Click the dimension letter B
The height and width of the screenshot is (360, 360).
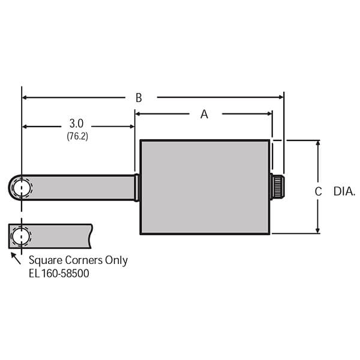coord(139,97)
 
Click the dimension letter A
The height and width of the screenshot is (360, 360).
coord(204,114)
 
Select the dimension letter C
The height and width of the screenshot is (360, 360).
coord(319,191)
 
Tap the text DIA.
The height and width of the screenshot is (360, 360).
coord(344,191)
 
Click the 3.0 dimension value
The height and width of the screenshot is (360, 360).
coord(77,125)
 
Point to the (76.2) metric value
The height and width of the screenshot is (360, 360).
coord(77,136)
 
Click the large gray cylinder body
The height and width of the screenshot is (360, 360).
coord(204,187)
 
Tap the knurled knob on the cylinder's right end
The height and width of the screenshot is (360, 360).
coord(278,187)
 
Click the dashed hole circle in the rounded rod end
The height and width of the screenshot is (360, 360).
coord(22,187)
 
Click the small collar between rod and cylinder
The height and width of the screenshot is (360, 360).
coord(137,187)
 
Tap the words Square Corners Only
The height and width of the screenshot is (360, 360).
coord(78,260)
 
